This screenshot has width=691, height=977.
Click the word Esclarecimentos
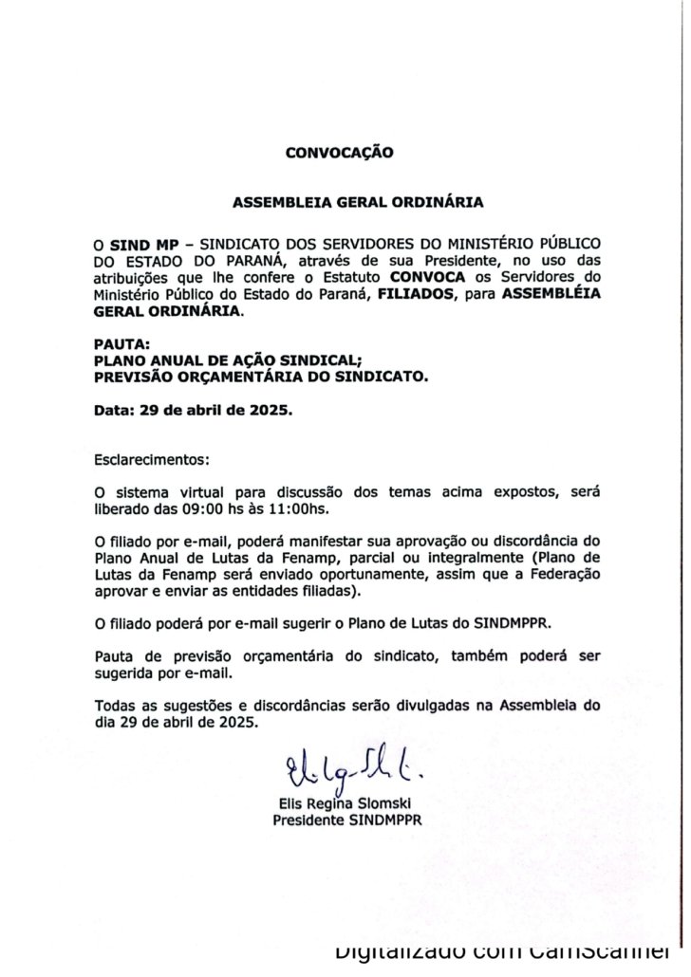pos(150,460)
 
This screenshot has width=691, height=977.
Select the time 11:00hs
pos(301,509)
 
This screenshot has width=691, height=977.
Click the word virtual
pos(194,493)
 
